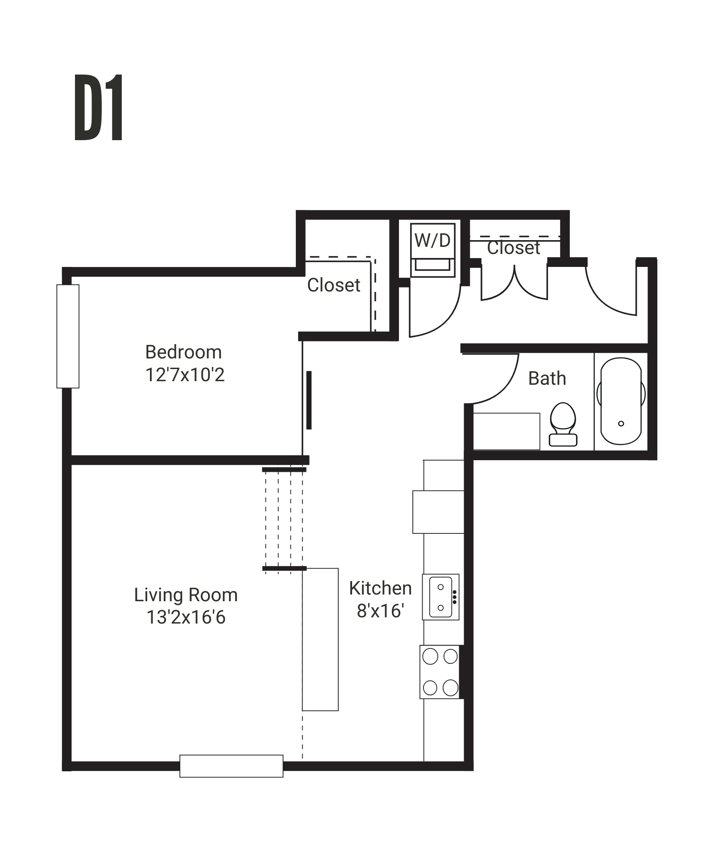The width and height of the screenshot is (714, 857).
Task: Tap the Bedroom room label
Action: [183, 352]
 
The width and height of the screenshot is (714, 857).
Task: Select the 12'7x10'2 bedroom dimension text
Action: [185, 375]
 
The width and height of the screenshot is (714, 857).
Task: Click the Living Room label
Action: [186, 595]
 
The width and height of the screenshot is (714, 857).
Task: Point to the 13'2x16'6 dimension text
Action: [186, 618]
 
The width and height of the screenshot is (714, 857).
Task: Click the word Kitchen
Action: [380, 588]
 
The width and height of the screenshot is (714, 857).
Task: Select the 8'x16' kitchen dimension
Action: [380, 611]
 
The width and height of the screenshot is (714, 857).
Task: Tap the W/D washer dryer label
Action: [432, 241]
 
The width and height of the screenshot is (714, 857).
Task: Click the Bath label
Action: [547, 379]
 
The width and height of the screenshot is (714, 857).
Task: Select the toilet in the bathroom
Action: [563, 424]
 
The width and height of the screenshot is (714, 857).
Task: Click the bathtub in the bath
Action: [621, 401]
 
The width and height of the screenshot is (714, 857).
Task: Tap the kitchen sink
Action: [441, 597]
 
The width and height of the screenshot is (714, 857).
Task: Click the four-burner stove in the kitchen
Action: [440, 671]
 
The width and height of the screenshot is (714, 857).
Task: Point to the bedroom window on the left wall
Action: [68, 336]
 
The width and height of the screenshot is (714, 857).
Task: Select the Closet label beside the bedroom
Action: [333, 285]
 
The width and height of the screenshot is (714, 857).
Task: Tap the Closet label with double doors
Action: [513, 248]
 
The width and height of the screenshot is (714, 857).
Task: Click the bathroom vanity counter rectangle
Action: [506, 431]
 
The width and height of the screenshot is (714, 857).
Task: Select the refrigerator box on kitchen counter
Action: [438, 512]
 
